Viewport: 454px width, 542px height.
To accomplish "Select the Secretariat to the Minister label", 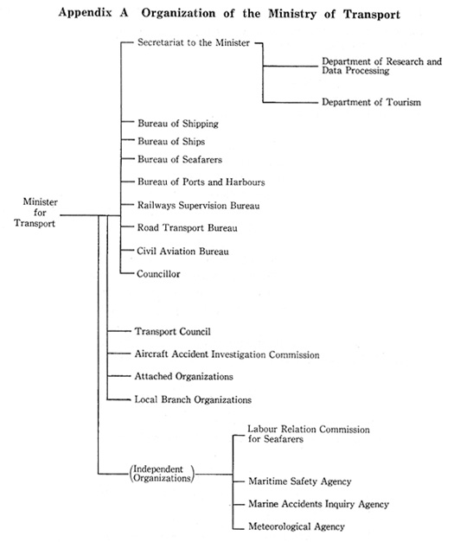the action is [194, 42].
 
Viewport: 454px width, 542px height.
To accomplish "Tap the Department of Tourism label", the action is [371, 102].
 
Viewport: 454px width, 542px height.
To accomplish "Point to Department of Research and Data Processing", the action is [381, 66].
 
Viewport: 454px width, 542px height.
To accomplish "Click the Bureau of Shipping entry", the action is [178, 124].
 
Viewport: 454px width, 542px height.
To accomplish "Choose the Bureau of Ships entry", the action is [171, 142].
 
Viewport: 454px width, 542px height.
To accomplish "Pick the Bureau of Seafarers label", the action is [180, 159].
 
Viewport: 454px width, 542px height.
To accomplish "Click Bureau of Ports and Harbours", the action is [201, 182].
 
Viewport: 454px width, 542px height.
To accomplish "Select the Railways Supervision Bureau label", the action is [199, 206].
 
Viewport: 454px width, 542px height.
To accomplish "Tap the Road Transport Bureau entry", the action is [188, 228].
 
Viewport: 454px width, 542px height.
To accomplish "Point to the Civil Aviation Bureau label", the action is [183, 252].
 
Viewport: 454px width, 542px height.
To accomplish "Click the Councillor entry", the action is [158, 274].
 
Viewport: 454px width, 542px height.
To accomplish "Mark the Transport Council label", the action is [173, 331].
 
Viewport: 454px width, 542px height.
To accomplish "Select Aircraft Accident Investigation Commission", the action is [227, 354].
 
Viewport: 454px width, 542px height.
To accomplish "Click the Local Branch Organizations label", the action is [193, 399].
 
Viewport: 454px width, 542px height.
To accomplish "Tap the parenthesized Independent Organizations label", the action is [162, 474].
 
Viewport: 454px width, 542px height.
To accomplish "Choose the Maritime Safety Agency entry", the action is [300, 481].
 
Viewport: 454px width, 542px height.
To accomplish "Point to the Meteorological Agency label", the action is [297, 526].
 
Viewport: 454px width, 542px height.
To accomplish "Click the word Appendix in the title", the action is [86, 13].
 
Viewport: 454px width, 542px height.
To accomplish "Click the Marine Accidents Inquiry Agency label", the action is [318, 504].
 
